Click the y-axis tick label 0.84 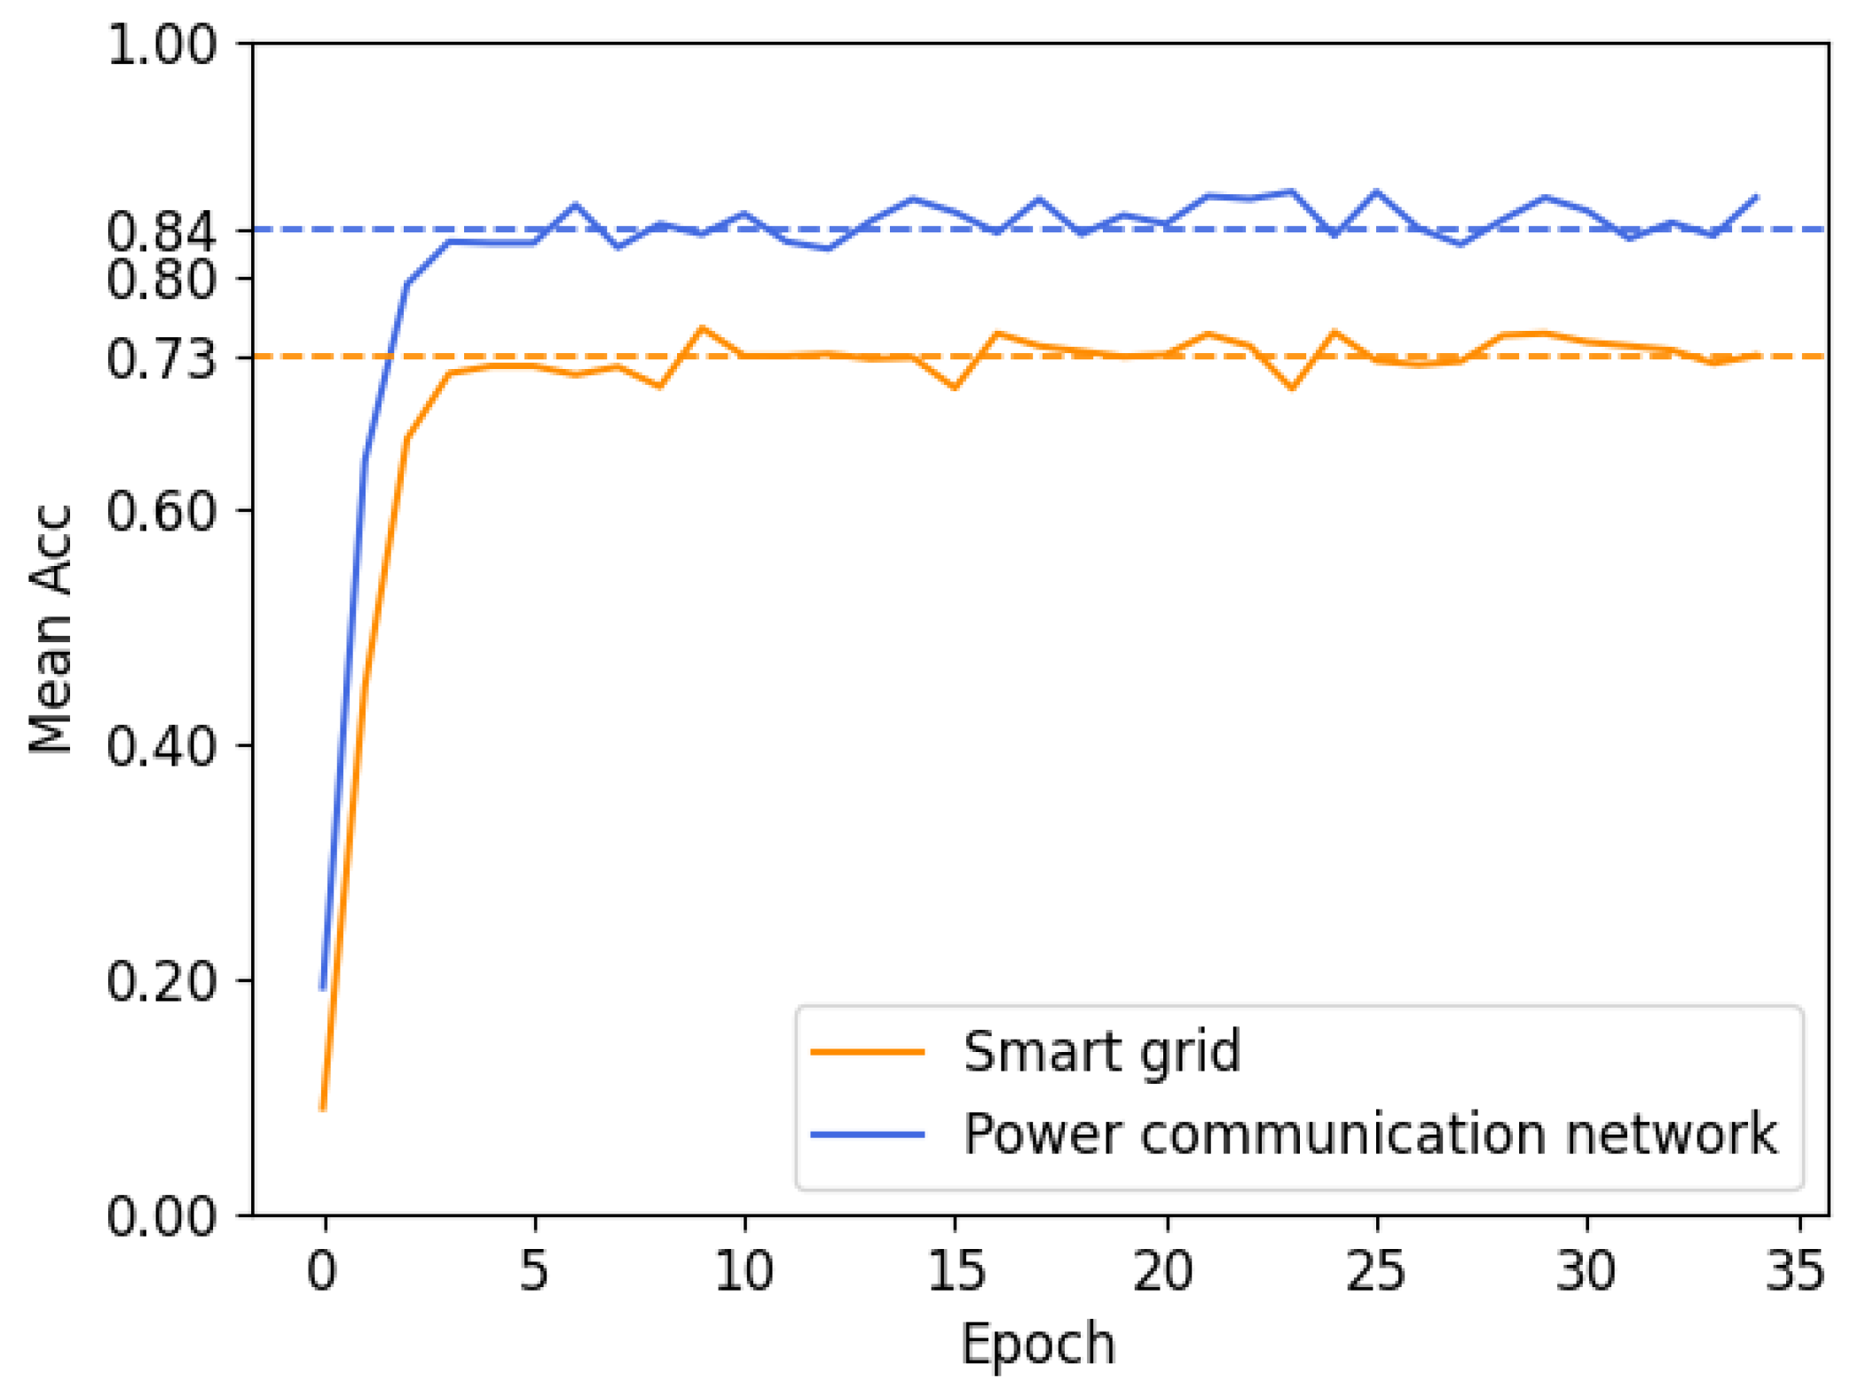pyautogui.click(x=161, y=232)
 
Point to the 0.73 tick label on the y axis pyautogui.click(x=161, y=358)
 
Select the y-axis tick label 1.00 pyautogui.click(x=161, y=43)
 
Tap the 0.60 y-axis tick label pyautogui.click(x=161, y=511)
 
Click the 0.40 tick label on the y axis pyautogui.click(x=161, y=745)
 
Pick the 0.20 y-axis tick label pyautogui.click(x=161, y=980)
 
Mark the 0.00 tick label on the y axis pyautogui.click(x=161, y=1215)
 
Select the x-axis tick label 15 pyautogui.click(x=955, y=1270)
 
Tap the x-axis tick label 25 pyautogui.click(x=1375, y=1270)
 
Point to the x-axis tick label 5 pyautogui.click(x=534, y=1270)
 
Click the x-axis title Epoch pyautogui.click(x=1038, y=1343)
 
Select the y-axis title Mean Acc pyautogui.click(x=51, y=629)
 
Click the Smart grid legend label pyautogui.click(x=1101, y=1052)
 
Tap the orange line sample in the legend pyautogui.click(x=868, y=1052)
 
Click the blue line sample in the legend pyautogui.click(x=868, y=1134)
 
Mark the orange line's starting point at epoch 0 pyautogui.click(x=323, y=1108)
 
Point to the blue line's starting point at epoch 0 pyautogui.click(x=323, y=987)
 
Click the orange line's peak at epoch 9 pyautogui.click(x=703, y=328)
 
